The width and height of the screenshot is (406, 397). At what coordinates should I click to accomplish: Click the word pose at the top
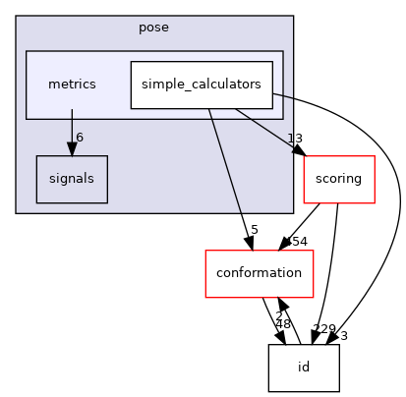click(154, 28)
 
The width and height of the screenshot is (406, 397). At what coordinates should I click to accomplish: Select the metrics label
click(72, 85)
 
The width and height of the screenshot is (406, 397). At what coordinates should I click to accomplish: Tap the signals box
click(71, 179)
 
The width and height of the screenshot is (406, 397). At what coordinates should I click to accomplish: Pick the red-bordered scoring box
click(337, 179)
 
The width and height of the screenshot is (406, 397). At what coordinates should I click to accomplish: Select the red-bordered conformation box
click(259, 273)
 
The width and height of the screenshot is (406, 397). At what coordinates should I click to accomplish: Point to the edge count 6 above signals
click(80, 137)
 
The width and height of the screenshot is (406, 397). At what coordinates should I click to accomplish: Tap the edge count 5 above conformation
click(254, 230)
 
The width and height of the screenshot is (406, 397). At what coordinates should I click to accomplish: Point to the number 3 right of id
click(344, 336)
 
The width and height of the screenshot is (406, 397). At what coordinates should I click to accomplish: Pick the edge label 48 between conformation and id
click(281, 325)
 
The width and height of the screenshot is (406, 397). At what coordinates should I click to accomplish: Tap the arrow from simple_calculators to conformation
click(232, 177)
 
